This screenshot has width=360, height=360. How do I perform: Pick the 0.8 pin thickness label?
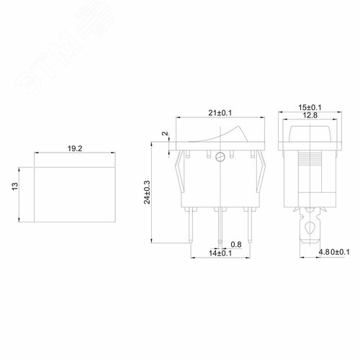click(235, 244)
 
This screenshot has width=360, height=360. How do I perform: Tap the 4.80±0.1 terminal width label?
click(333, 252)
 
